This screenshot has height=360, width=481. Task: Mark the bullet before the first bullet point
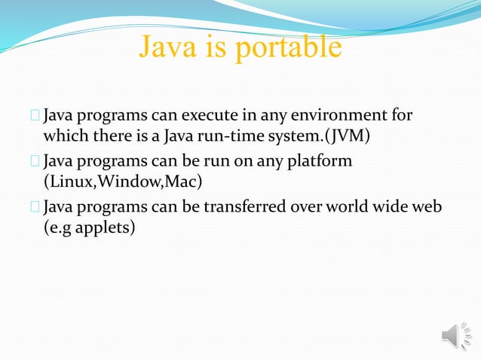pyautogui.click(x=35, y=117)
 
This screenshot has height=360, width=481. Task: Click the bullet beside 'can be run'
pyautogui.click(x=35, y=162)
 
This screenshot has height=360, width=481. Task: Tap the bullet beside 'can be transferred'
pyautogui.click(x=35, y=206)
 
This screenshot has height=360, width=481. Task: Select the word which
pyautogui.click(x=63, y=138)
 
